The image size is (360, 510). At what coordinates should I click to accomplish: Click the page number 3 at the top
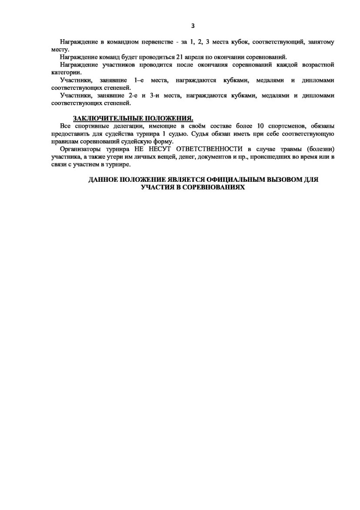coord(193,26)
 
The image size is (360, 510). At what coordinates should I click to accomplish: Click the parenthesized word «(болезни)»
coord(318,149)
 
